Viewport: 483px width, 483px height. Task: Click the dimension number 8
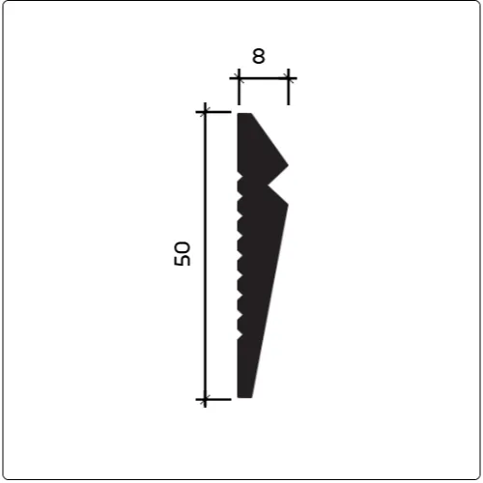(259, 56)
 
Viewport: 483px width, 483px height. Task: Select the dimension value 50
(182, 254)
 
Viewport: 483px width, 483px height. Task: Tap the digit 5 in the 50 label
(182, 260)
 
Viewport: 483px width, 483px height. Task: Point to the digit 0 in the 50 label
(182, 247)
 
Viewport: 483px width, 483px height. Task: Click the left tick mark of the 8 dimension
(239, 78)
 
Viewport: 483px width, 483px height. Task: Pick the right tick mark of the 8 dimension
(288, 78)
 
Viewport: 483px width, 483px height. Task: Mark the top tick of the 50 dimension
(205, 112)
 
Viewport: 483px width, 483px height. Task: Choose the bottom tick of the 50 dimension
(205, 399)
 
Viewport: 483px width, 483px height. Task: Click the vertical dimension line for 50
(205, 255)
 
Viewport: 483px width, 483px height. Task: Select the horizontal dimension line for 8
(263, 78)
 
